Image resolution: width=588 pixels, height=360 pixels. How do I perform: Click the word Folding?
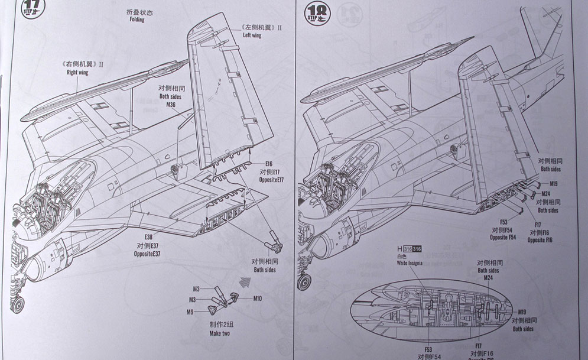[136, 20]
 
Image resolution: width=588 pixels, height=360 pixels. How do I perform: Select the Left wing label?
[252, 35]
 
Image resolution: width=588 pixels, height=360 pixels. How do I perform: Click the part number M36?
[171, 104]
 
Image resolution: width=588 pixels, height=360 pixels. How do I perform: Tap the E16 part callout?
[269, 164]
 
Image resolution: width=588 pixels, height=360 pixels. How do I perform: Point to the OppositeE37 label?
[148, 253]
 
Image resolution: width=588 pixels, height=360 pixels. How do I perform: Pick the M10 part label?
[257, 299]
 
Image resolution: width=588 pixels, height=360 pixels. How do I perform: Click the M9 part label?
[190, 312]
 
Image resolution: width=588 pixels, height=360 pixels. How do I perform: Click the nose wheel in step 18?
[306, 283]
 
